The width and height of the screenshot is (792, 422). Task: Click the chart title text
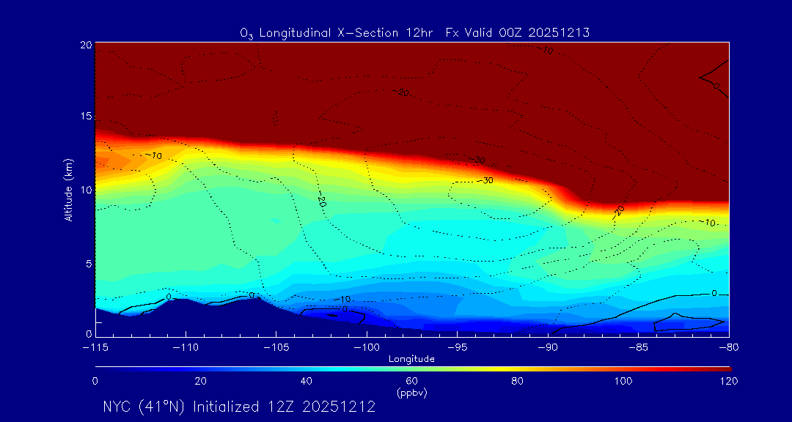pos(414,32)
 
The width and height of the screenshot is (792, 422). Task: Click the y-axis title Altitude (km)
pos(67,190)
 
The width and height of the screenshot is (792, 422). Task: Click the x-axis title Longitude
pos(411,359)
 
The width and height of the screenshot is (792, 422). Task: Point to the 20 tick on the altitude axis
pos(85,45)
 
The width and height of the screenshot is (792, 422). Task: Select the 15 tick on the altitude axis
pos(85,117)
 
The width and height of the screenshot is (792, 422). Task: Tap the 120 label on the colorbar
pos(728,382)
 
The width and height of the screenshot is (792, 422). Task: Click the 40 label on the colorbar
pos(307,382)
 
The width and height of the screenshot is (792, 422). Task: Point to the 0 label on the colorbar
pos(95,382)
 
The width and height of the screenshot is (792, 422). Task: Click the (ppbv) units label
pos(411,393)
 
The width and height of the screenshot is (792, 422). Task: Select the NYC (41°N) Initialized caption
pos(239,407)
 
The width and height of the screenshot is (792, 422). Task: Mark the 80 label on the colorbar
pos(518,382)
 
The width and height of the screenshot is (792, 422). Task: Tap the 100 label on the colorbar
pos(623,382)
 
